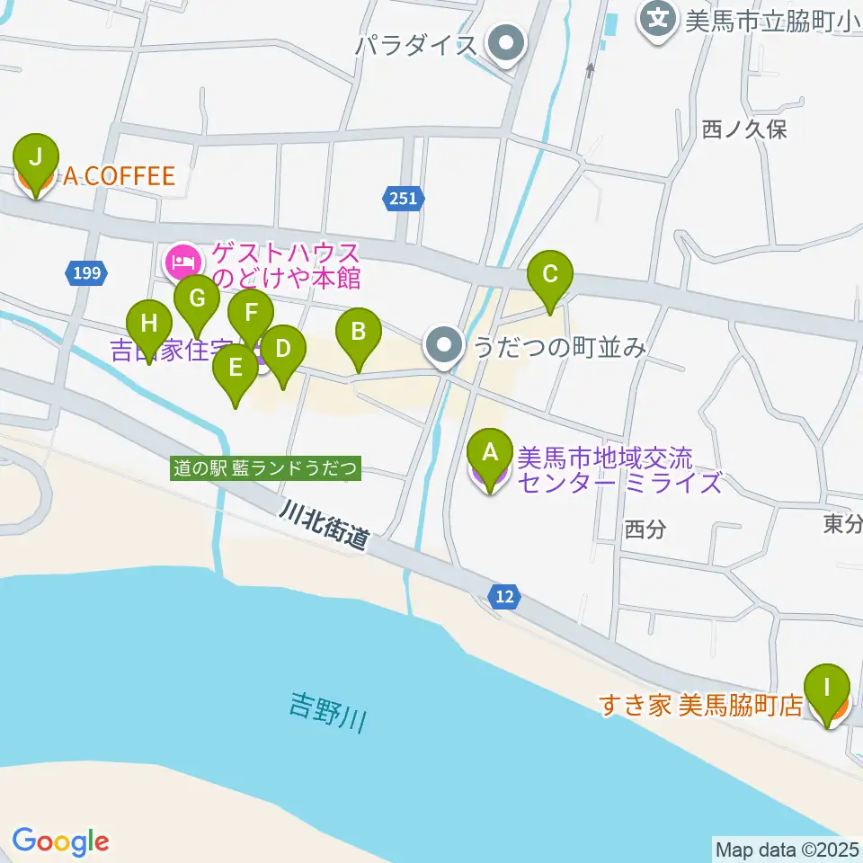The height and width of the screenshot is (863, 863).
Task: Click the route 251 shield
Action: click(x=404, y=198)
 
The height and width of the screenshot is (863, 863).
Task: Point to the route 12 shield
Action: click(x=505, y=595)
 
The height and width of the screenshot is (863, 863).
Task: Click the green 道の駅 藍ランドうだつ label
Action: click(x=266, y=468)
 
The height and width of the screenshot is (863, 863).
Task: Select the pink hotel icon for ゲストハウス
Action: click(x=182, y=262)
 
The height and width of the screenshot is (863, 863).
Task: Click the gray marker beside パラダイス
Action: click(x=505, y=44)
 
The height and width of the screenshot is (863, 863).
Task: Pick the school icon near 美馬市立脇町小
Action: click(x=659, y=18)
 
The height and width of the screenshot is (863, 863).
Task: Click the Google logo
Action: click(x=60, y=841)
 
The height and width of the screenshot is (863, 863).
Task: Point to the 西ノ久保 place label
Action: click(x=744, y=129)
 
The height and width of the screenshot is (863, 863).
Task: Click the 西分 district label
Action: click(x=645, y=529)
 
